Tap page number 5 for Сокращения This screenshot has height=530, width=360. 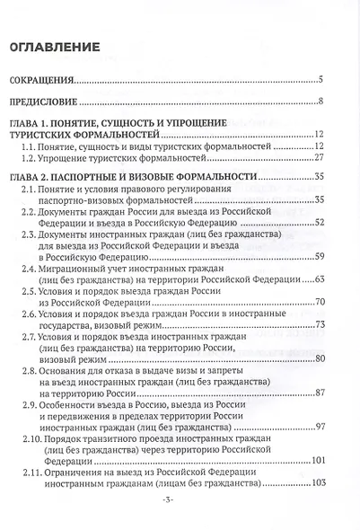[x=320, y=80]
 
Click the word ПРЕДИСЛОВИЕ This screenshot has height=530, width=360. [x=43, y=101]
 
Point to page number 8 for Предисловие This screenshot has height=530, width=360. [x=320, y=101]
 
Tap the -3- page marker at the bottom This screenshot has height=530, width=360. [x=179, y=508]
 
